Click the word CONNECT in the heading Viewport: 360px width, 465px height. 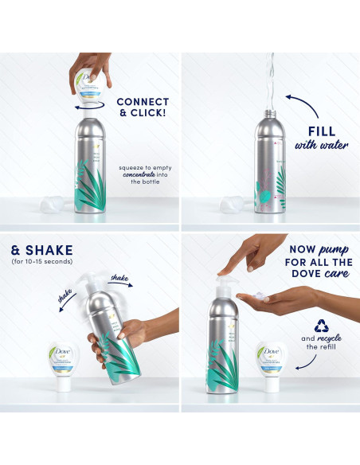pos(143,102)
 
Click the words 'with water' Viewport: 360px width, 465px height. pos(322,146)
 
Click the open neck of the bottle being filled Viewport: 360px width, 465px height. pos(267,114)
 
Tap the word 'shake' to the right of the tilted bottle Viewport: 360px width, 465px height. pos(119,277)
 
